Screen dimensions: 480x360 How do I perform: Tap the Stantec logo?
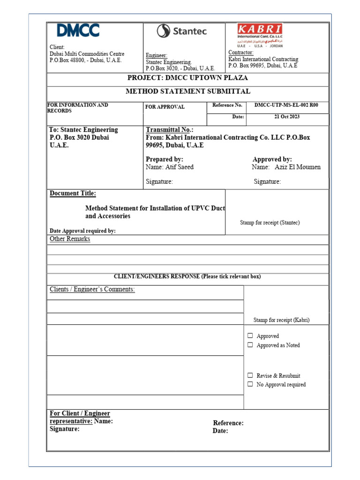pos(181,31)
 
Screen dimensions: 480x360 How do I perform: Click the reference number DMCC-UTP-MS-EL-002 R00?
pos(286,105)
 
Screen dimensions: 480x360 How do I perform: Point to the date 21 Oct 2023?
pos(287,117)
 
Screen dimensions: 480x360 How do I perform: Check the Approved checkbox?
pos(250,336)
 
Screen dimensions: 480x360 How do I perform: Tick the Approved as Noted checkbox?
pos(250,345)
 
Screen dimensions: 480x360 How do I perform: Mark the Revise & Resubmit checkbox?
pos(250,375)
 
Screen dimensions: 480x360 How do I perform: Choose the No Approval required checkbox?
pos(250,384)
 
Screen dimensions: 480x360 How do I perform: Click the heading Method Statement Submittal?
pos(187,91)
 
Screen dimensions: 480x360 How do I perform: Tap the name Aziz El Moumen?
pos(297,167)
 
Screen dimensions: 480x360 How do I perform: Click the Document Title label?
pos(73,194)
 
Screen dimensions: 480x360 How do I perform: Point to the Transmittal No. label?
pos(170,130)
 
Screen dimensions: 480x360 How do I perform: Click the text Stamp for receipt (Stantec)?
pos(270,223)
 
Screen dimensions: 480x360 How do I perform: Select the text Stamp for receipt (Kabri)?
pos(281,320)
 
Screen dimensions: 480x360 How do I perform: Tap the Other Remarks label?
pos(70,239)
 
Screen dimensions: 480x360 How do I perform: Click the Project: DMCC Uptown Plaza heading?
pos(187,78)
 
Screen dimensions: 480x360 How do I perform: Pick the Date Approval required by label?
pos(82,231)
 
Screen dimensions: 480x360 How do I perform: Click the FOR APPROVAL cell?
pos(165,107)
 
